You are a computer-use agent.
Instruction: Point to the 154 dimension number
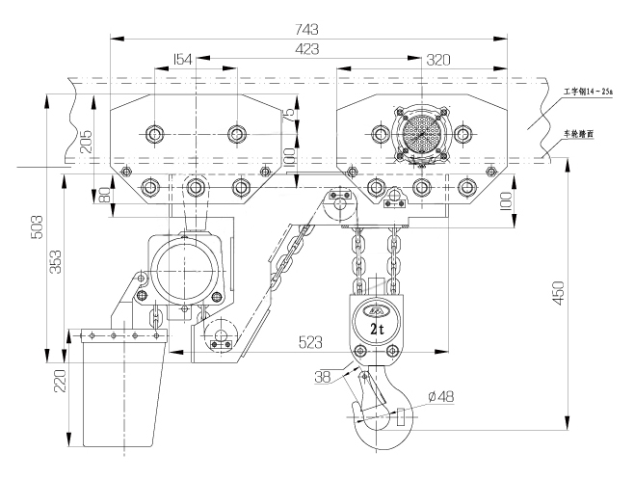(x=180, y=59)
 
